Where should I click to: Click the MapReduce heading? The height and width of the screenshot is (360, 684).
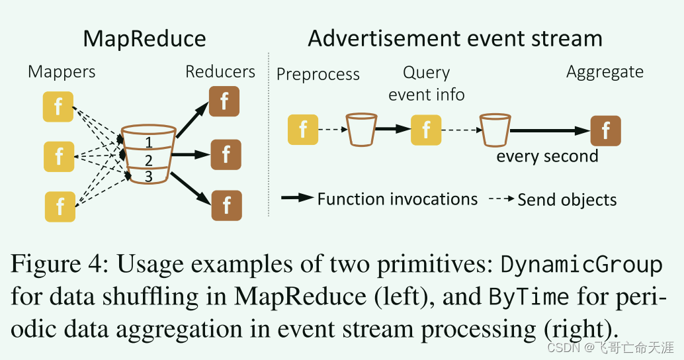click(x=144, y=38)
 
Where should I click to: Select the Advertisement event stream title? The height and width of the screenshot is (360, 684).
click(x=455, y=38)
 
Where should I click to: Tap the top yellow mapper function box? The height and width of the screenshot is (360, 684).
click(x=58, y=107)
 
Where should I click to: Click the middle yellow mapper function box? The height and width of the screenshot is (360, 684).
click(x=59, y=157)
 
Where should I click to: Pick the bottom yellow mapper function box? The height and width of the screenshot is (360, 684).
click(x=60, y=206)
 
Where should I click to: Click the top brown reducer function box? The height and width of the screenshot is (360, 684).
click(x=224, y=101)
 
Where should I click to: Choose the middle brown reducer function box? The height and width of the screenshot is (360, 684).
click(x=226, y=154)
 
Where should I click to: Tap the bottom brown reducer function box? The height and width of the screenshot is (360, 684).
click(x=226, y=205)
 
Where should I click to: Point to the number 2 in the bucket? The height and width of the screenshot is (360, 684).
click(x=149, y=160)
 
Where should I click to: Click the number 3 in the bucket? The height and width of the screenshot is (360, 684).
click(x=149, y=176)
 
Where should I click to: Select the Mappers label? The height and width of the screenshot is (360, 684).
click(x=62, y=72)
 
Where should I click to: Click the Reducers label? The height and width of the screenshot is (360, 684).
click(x=220, y=71)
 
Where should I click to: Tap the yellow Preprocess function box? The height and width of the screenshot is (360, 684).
click(x=303, y=129)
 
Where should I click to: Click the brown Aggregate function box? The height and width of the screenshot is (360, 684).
click(x=605, y=130)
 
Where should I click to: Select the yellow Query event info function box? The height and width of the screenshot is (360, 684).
click(x=426, y=129)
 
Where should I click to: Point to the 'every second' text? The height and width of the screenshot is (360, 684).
click(x=547, y=157)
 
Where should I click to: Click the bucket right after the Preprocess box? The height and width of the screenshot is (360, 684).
click(x=362, y=130)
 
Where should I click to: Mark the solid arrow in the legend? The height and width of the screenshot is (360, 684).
click(x=297, y=199)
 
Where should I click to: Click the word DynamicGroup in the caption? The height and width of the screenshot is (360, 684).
click(x=581, y=265)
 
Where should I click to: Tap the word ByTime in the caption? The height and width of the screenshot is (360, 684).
click(x=529, y=296)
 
